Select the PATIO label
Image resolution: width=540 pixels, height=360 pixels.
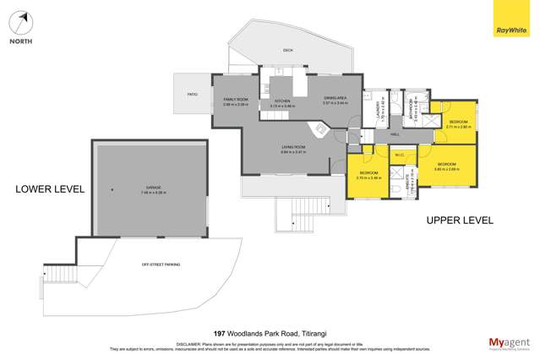192,94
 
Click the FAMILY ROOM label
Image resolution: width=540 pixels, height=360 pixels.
236,102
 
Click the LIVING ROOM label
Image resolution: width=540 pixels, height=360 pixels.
293,150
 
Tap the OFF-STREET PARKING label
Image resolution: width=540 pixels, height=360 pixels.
161,265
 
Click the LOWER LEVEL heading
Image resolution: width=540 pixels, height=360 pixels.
50,189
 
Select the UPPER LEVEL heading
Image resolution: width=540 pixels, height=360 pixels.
460,221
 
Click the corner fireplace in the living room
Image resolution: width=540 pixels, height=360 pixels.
322,129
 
